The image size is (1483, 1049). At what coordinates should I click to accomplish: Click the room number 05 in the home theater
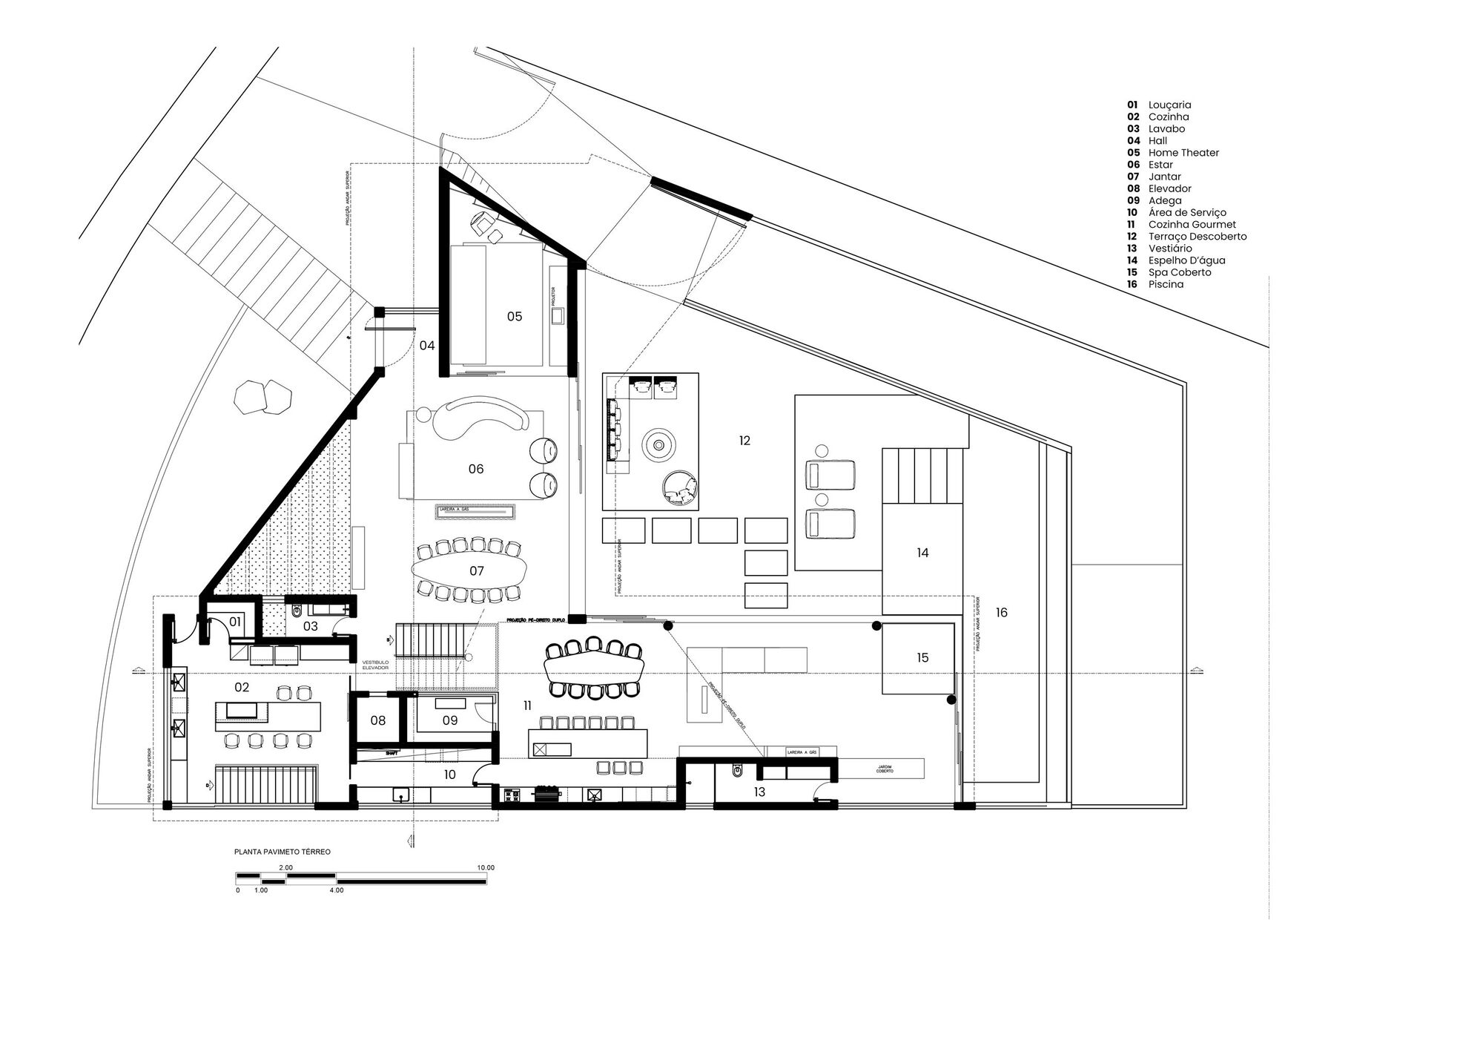tap(514, 317)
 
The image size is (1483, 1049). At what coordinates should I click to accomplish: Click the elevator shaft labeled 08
tap(378, 720)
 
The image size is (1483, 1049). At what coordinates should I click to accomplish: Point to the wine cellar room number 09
tap(450, 720)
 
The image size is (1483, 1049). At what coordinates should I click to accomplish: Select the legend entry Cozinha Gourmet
tap(1192, 224)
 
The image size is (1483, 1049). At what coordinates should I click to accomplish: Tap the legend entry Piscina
tap(1166, 284)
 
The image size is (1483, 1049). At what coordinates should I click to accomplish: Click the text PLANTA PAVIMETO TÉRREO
tap(283, 852)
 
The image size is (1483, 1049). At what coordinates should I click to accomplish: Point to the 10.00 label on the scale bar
tap(485, 867)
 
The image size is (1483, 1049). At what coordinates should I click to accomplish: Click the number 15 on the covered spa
tap(922, 658)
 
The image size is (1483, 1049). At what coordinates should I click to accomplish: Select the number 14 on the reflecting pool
tap(922, 553)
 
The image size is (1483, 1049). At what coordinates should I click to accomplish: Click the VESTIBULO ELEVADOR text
tap(374, 665)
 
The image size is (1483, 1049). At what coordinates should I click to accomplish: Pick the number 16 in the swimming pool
tap(1001, 613)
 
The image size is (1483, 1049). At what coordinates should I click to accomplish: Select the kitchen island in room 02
tap(269, 716)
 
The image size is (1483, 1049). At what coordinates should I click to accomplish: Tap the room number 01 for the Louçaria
tap(234, 621)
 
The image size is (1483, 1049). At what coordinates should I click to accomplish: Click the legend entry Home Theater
tap(1183, 153)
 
